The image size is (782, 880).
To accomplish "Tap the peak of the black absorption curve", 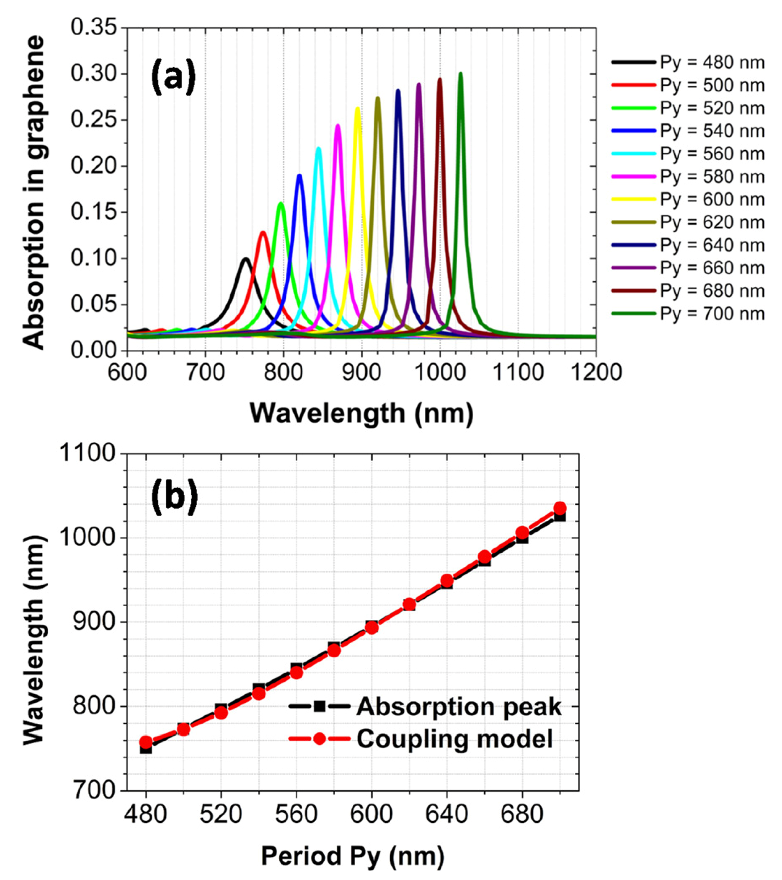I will pyautogui.click(x=246, y=258).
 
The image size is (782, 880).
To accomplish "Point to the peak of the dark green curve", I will pyautogui.click(x=461, y=73).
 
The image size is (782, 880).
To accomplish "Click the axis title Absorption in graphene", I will pyautogui.click(x=34, y=192).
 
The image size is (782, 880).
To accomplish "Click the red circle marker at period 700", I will pyautogui.click(x=559, y=508).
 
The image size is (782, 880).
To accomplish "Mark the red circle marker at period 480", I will pyautogui.click(x=146, y=742).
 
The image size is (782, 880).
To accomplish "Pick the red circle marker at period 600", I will pyautogui.click(x=372, y=627).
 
